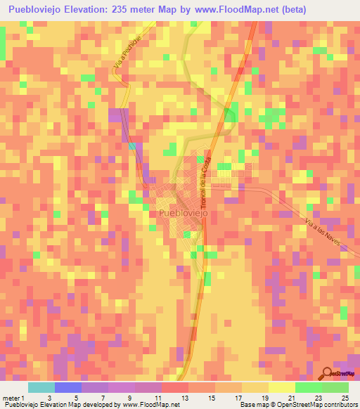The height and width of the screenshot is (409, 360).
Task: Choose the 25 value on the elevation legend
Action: [344, 397]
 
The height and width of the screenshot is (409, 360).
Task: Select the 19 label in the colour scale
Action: [265, 397]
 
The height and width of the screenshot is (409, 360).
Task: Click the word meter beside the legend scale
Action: [12, 397]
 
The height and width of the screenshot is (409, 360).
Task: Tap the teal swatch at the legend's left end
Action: [41, 387]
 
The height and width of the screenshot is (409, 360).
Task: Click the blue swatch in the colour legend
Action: [68, 387]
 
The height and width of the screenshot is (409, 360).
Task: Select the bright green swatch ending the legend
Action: [335, 387]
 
